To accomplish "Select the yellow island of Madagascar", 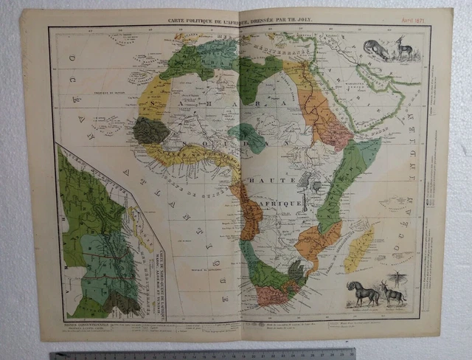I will pyautogui.click(x=360, y=249).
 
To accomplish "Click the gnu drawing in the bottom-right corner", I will pyautogui.click(x=364, y=293).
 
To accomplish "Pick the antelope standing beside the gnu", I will pyautogui.click(x=392, y=294).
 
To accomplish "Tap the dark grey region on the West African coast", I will pyautogui.click(x=151, y=131).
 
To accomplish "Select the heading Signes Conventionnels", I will pyautogui.click(x=81, y=322).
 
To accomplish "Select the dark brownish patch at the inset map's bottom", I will pyautogui.click(x=122, y=302).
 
